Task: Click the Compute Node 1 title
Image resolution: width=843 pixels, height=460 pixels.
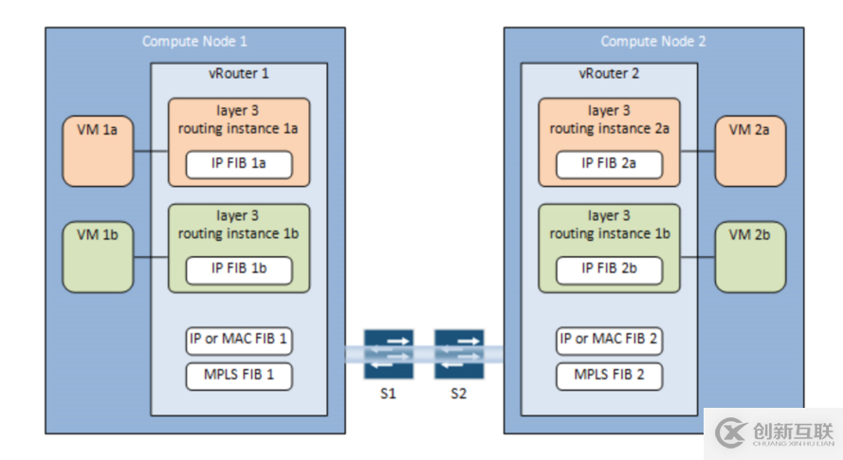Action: click(x=194, y=41)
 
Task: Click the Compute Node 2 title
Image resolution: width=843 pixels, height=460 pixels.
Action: click(x=653, y=41)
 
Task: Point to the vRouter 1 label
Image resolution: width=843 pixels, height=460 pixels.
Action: click(x=239, y=73)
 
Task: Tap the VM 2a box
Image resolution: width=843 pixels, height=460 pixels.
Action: click(x=751, y=151)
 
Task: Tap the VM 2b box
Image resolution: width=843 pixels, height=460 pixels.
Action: click(x=751, y=256)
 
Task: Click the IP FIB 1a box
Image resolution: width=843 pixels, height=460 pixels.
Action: click(x=239, y=163)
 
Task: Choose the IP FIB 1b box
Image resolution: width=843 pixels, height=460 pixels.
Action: click(x=239, y=268)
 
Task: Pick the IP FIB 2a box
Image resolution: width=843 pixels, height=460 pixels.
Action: click(x=609, y=163)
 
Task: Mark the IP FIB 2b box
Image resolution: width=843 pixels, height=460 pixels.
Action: click(x=609, y=268)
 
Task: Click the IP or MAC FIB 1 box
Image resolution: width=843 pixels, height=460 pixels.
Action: click(x=239, y=340)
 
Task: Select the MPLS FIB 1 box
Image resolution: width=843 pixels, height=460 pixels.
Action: click(x=239, y=375)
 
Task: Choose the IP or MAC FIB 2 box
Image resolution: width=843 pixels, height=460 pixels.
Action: click(x=609, y=340)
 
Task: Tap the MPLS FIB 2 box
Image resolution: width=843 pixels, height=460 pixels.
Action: click(x=609, y=375)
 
